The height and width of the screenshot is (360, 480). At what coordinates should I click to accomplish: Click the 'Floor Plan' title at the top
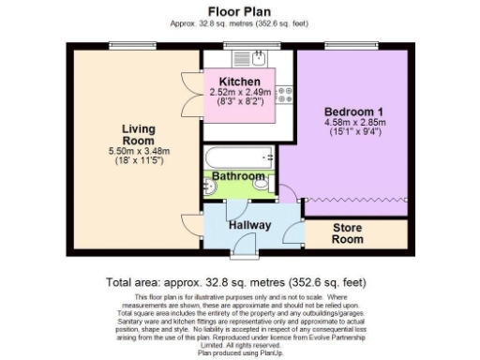(239, 11)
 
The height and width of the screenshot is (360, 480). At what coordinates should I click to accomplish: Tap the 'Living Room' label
(137, 135)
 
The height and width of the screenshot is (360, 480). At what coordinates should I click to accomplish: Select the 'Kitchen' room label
(239, 81)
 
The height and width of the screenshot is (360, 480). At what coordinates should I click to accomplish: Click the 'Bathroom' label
(238, 175)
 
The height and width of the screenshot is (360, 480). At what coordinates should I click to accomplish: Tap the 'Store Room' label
(348, 232)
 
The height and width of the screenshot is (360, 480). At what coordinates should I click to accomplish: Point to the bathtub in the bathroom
(239, 156)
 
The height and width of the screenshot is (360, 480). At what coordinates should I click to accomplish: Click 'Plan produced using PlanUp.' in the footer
(239, 353)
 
